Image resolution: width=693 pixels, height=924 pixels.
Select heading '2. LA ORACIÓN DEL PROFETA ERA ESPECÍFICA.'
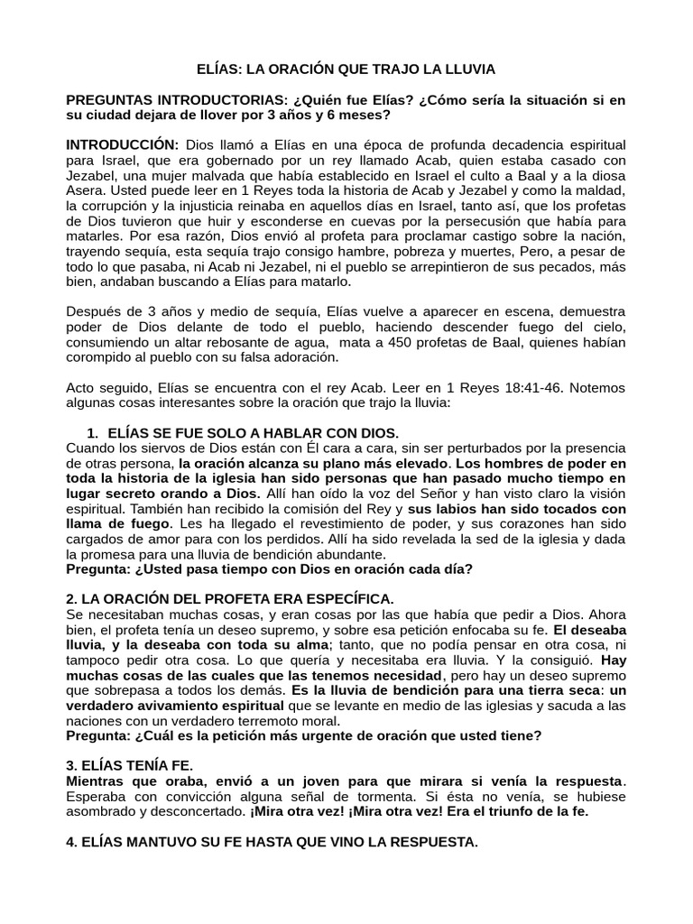pos(230,599)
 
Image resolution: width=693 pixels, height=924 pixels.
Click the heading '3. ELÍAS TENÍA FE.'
pos(130,764)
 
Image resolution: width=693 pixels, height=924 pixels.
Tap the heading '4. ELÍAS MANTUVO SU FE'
pos(272,842)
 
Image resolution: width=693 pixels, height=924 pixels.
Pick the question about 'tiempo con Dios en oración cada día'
pos(270,569)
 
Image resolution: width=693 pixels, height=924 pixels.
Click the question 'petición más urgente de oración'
pos(305,735)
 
